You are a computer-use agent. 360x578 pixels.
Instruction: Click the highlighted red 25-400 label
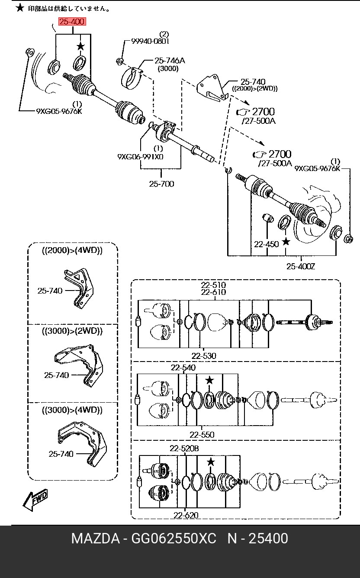(72, 22)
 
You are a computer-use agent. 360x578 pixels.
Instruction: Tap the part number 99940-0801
(150, 41)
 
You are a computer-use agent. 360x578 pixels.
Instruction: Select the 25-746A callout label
(170, 61)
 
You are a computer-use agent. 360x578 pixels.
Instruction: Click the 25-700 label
(161, 184)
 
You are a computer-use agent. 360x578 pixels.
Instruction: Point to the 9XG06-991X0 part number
(140, 157)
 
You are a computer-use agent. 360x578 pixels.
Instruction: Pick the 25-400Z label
(301, 266)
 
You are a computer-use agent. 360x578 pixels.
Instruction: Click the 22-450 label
(267, 244)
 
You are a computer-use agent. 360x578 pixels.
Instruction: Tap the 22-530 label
(204, 356)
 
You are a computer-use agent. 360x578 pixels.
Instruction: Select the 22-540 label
(183, 368)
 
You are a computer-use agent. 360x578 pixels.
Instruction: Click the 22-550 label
(202, 435)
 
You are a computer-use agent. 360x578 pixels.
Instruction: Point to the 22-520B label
(184, 449)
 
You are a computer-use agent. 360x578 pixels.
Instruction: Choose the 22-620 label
(186, 515)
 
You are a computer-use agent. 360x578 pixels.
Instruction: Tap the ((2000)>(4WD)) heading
(72, 251)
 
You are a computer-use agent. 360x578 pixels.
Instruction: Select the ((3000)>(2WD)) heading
(72, 331)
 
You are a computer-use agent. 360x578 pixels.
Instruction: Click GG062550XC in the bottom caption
(174, 539)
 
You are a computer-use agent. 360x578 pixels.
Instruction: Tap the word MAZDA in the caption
(96, 539)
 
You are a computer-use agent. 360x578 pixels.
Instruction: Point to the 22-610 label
(213, 292)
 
